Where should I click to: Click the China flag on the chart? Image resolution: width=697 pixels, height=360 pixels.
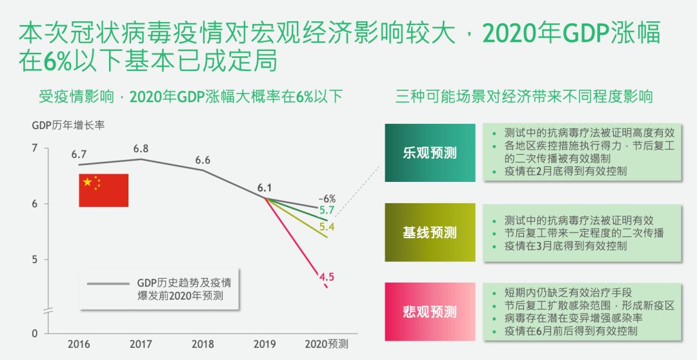[103, 190]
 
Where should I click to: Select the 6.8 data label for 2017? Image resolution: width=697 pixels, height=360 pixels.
[141, 148]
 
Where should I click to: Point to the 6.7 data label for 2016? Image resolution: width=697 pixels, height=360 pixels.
[79, 155]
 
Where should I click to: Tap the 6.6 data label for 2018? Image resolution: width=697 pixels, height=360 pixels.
[203, 160]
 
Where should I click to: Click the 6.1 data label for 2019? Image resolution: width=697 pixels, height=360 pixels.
[264, 188]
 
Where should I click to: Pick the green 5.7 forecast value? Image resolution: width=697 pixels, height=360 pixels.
[327, 210]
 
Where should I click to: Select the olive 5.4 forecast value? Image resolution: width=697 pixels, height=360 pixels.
[327, 227]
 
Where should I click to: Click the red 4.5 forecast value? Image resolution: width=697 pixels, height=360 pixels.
[327, 277]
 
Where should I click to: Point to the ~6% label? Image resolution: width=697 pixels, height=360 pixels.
[327, 198]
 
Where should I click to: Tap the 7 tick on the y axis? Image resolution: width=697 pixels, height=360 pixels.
[34, 149]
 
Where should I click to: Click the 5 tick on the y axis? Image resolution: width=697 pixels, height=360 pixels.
[34, 260]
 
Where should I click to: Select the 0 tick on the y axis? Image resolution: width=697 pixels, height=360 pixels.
[34, 334]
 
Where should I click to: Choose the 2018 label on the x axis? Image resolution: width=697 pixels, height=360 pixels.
[203, 345]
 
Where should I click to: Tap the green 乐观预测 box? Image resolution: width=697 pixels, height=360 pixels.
[430, 153]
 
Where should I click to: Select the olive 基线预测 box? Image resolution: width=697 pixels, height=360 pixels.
[430, 232]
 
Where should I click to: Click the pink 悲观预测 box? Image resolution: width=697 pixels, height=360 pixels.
[430, 312]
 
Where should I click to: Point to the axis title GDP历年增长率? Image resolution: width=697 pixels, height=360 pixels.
[68, 125]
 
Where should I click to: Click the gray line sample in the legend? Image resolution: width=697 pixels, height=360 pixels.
[109, 283]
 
